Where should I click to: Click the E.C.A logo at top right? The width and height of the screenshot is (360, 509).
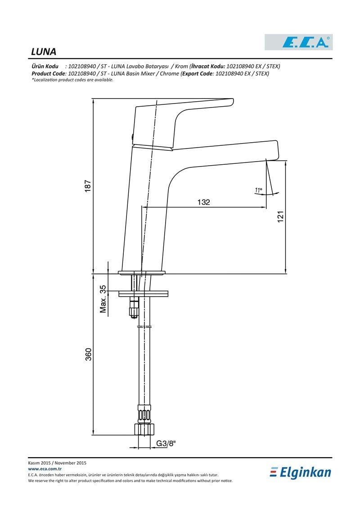(299, 42)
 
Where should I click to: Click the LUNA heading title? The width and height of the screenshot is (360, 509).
(44, 52)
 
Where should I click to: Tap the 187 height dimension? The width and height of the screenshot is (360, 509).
(88, 186)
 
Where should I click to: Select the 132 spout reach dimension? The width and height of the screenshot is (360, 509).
(203, 202)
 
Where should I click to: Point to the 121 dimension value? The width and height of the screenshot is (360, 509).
(280, 216)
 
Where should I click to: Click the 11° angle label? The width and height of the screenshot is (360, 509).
(258, 190)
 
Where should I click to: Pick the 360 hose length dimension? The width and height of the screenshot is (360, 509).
(88, 354)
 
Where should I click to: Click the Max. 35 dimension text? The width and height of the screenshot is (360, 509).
(103, 299)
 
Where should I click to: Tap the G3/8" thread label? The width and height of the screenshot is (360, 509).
(166, 443)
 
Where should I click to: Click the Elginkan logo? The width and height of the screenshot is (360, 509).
(301, 473)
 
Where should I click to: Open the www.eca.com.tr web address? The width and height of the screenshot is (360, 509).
(45, 469)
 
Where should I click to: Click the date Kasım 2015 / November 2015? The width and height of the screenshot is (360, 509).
(57, 463)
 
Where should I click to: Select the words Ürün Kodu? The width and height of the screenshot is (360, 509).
(45, 66)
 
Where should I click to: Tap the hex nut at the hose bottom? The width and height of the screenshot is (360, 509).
(144, 429)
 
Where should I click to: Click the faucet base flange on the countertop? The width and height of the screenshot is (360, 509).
(142, 272)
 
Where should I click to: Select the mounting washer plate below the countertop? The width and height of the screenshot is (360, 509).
(144, 294)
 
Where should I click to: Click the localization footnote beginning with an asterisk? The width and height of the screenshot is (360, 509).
(72, 80)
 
